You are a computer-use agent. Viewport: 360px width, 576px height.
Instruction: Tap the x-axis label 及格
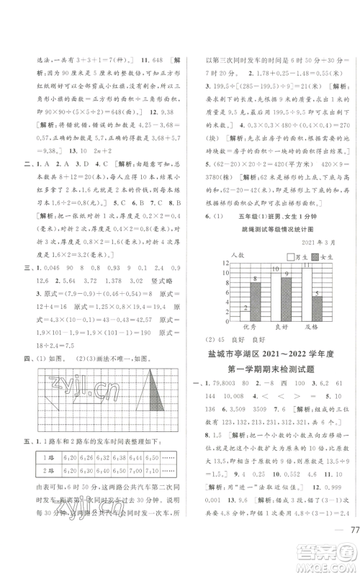click(312, 326)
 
